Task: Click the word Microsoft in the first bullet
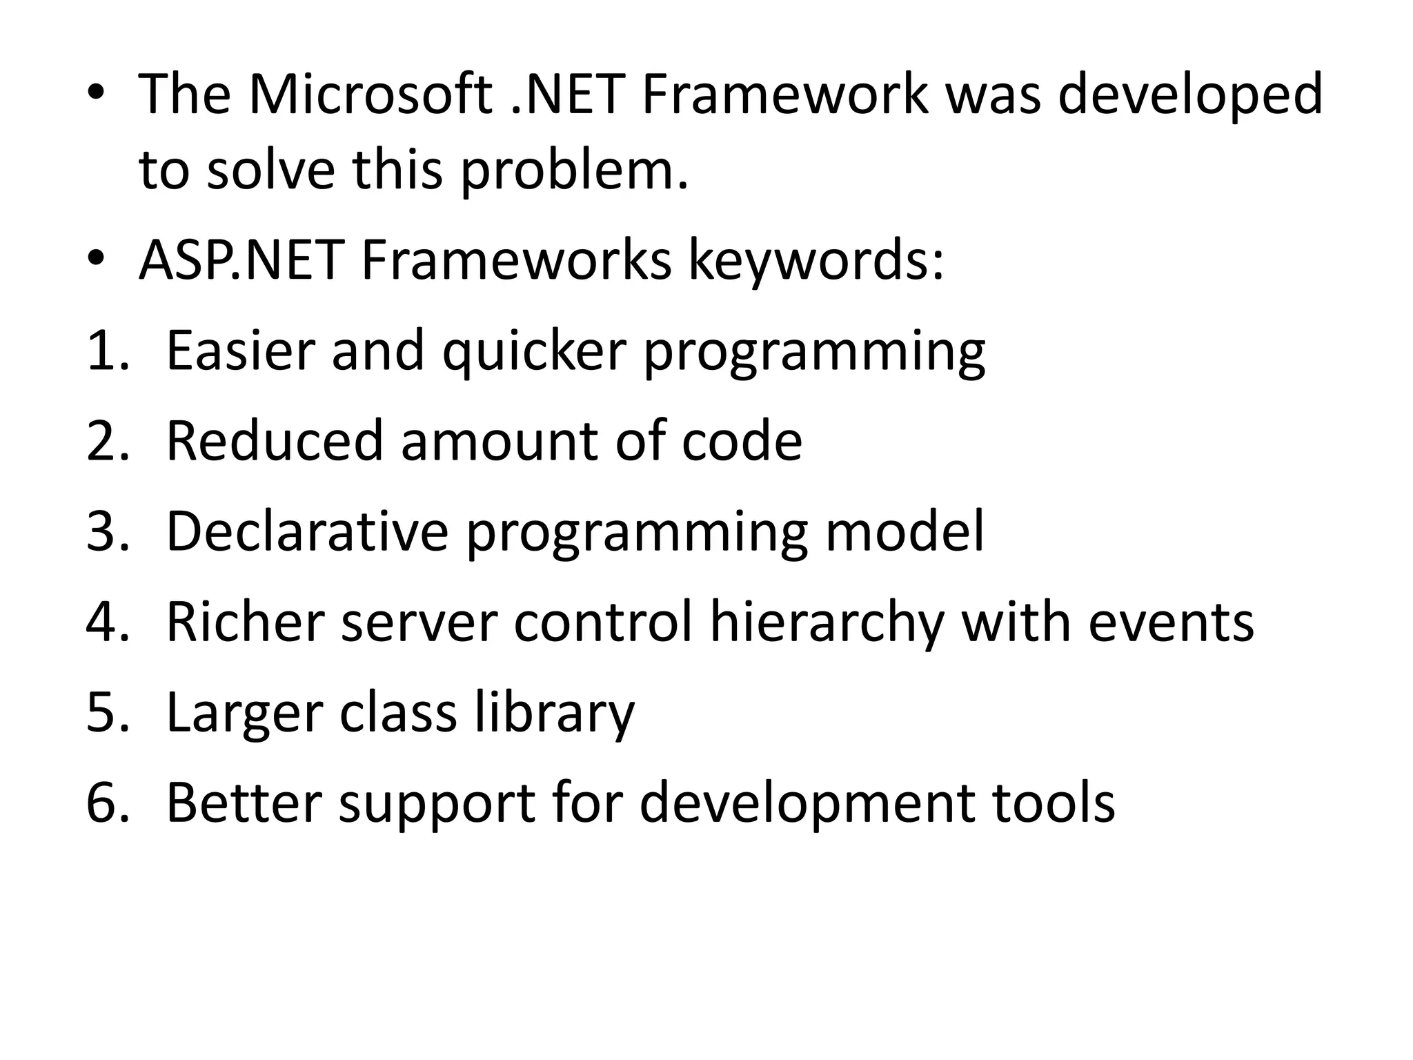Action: click(x=370, y=95)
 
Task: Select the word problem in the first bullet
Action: click(x=574, y=171)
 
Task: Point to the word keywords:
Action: click(x=816, y=262)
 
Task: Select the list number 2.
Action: click(x=107, y=441)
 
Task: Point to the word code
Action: click(x=742, y=441)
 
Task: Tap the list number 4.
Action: click(x=107, y=622)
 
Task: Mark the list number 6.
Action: click(x=107, y=803)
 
